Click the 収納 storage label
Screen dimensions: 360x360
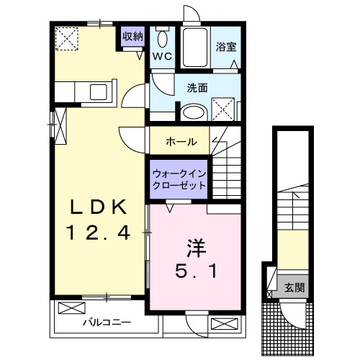coord(132,36)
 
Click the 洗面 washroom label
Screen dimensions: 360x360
coord(197,88)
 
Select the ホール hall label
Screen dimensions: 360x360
coord(180,141)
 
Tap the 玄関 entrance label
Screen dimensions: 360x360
coord(294,287)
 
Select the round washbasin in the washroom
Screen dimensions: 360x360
coord(193,112)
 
